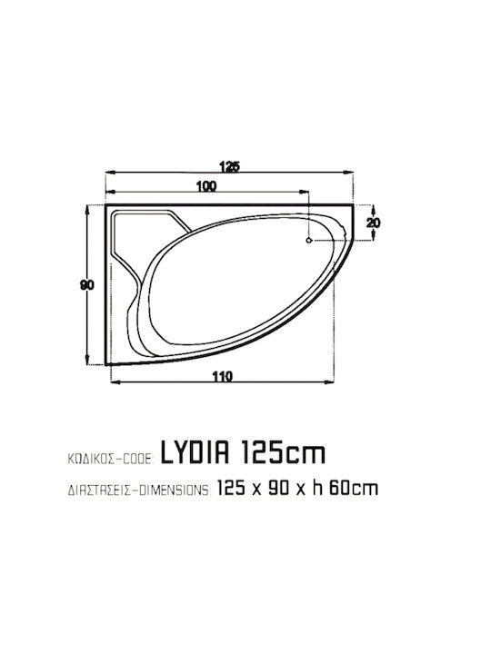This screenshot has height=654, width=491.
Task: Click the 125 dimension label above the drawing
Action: tap(230, 166)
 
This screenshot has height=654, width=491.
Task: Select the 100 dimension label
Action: tap(206, 186)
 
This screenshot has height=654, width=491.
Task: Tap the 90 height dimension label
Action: tap(87, 285)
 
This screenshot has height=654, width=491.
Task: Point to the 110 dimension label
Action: tap(222, 377)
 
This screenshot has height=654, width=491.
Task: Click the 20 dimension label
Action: tap(374, 223)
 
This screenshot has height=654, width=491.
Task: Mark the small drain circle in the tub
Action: tap(309, 240)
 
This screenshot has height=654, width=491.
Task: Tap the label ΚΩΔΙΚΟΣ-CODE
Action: tap(111, 460)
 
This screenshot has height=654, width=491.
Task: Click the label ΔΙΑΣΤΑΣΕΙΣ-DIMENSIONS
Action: tap(140, 490)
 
